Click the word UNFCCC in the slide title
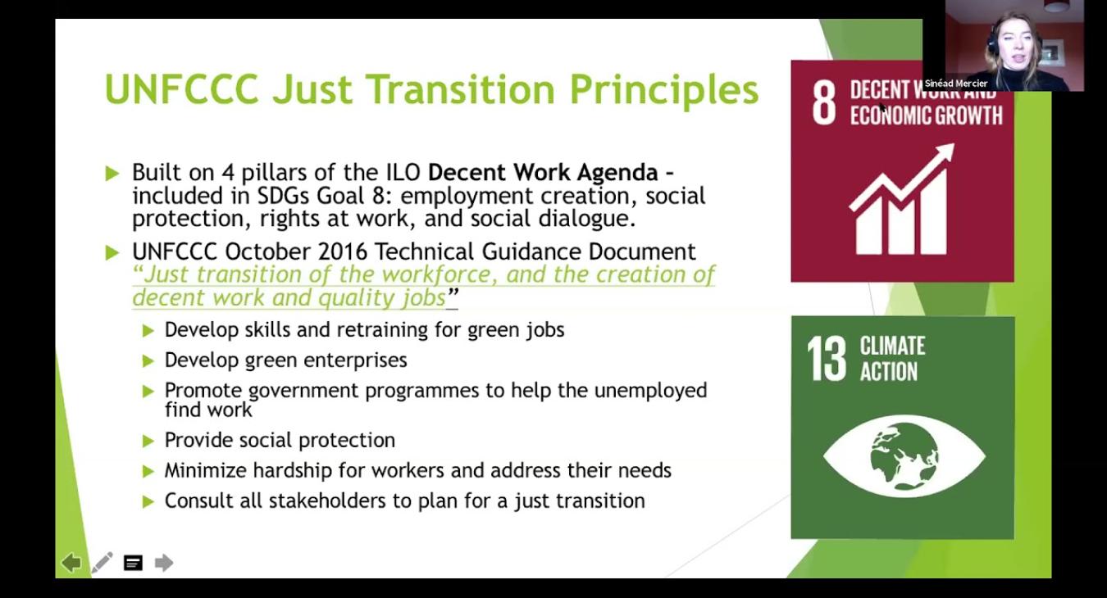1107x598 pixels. (x=182, y=89)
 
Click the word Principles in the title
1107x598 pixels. (x=663, y=91)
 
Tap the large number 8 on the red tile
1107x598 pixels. (x=824, y=102)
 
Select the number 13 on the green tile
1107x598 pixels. (x=827, y=359)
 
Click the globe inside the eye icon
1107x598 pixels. (x=904, y=456)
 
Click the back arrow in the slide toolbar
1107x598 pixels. (x=71, y=563)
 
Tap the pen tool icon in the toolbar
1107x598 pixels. (x=102, y=563)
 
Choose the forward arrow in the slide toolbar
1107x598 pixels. (x=163, y=563)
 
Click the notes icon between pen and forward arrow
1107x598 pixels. (x=133, y=563)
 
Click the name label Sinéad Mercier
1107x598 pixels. (x=956, y=84)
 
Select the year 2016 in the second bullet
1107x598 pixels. (x=343, y=251)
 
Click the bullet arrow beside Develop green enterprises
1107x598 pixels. (x=148, y=361)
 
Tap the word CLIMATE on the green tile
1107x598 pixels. (x=892, y=346)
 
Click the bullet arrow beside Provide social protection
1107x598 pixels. (x=148, y=441)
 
